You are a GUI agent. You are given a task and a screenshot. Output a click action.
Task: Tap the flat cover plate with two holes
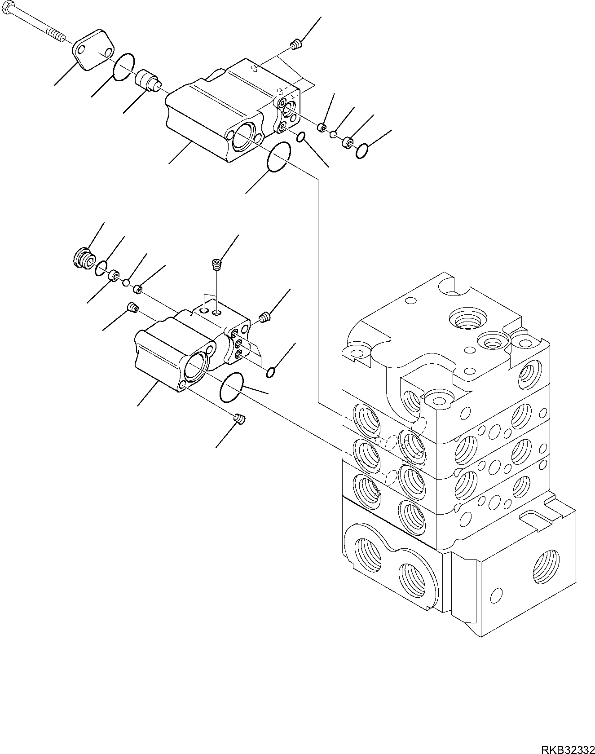point(93,49)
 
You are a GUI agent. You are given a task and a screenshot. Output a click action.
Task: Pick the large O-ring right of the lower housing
point(231,387)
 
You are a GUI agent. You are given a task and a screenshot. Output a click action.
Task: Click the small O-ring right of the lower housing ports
point(270,372)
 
